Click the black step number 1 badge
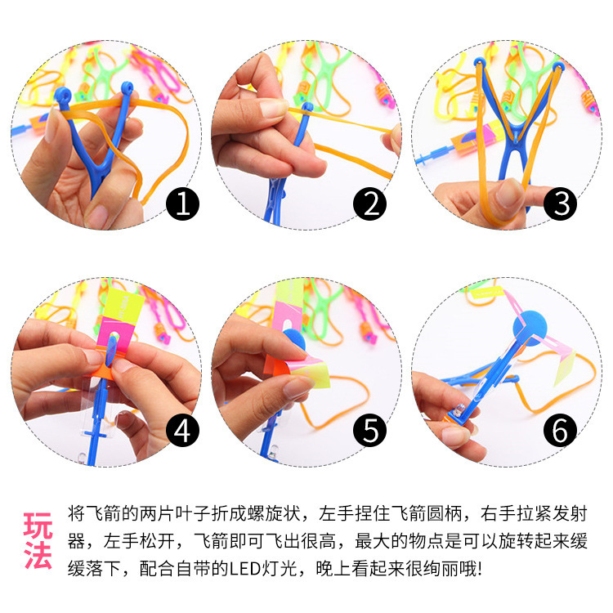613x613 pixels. [x=182, y=203]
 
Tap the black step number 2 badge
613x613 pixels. [x=372, y=203]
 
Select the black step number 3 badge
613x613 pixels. [x=562, y=203]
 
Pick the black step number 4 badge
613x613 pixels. [x=182, y=429]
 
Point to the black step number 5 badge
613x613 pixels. [x=372, y=429]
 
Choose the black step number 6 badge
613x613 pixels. [x=562, y=429]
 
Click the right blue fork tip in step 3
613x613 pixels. [x=558, y=65]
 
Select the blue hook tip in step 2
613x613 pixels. [x=307, y=107]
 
